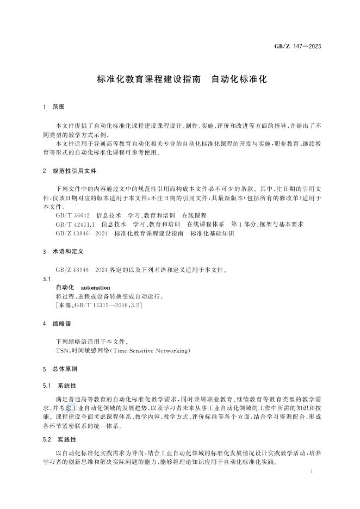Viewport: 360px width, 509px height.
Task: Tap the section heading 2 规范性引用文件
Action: click(69, 171)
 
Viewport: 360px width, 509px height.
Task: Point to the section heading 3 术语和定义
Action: click(62, 252)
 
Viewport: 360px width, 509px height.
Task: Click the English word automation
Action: click(95, 287)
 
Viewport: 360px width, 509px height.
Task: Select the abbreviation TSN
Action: click(62, 351)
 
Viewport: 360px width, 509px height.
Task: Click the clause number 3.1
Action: click(46, 278)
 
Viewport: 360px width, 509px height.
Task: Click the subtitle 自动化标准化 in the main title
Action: click(239, 78)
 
